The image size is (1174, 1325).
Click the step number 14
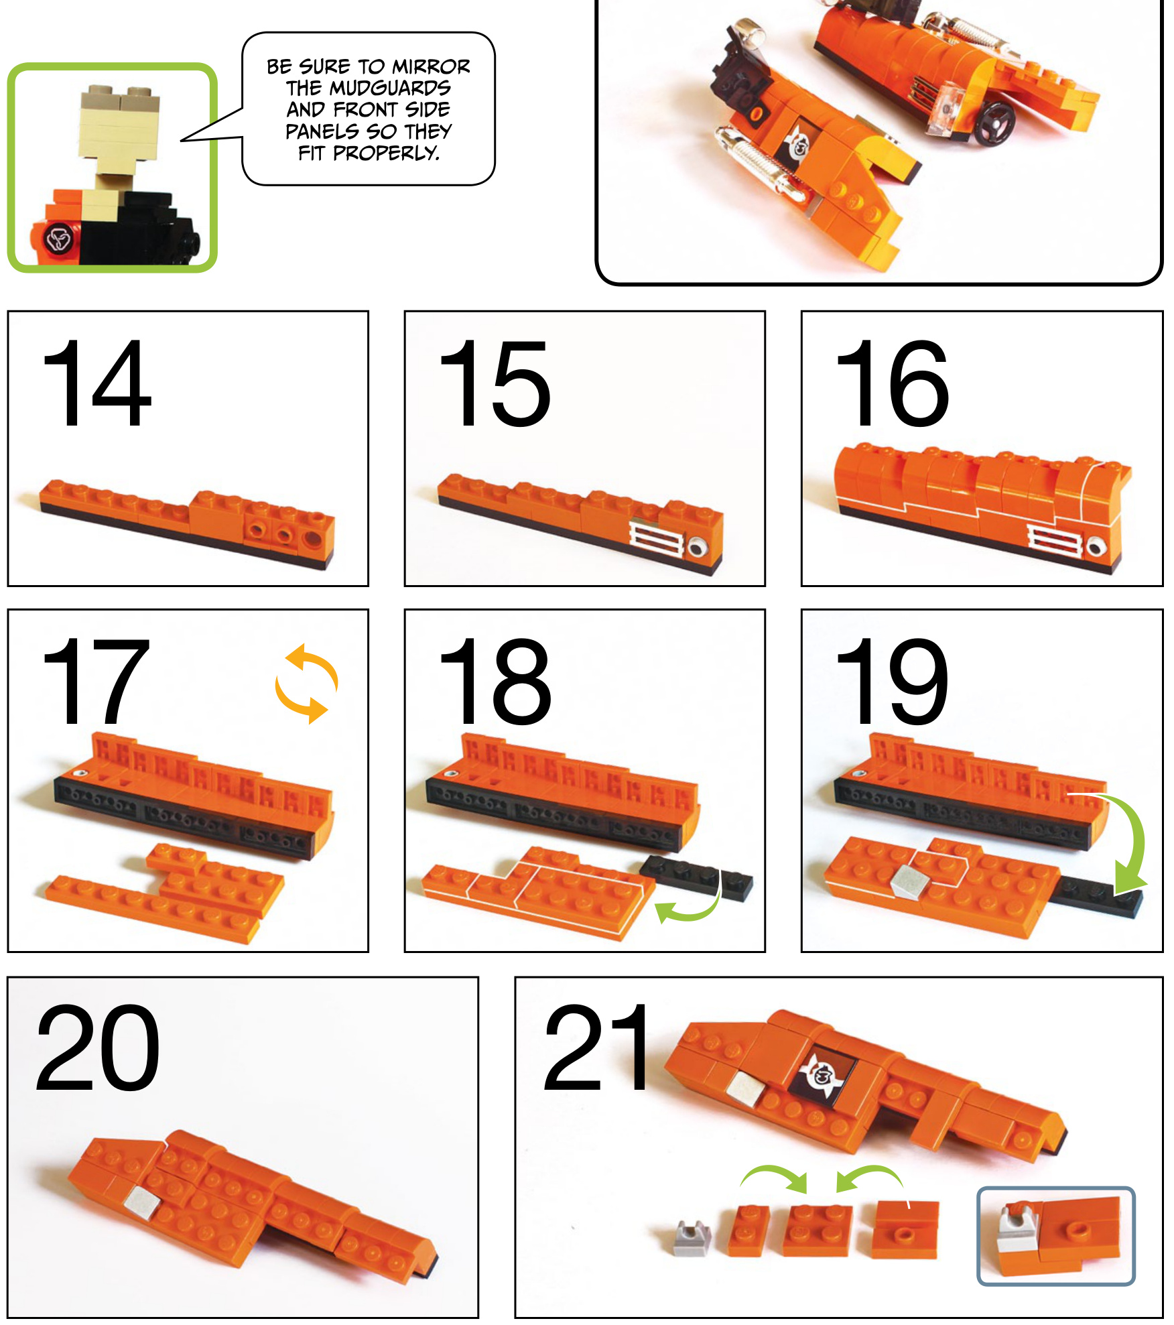pos(97,383)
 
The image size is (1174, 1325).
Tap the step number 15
pos(495,383)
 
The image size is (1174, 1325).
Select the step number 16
pos(892,383)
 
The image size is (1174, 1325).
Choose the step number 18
pos(495,682)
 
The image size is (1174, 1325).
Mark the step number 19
pos(892,682)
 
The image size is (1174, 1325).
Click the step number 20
pos(98,1048)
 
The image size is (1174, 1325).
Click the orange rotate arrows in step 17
pos(307,684)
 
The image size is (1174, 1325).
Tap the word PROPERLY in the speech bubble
pos(386,153)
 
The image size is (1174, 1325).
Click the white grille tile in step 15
pos(657,539)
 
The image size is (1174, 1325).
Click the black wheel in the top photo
pos(994,124)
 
